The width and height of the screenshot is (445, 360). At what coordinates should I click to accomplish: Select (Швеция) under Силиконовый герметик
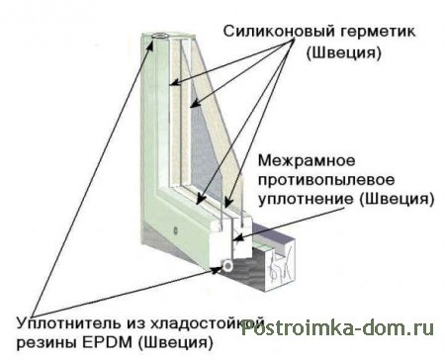click(x=344, y=53)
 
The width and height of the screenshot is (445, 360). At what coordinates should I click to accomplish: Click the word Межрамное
click(x=307, y=161)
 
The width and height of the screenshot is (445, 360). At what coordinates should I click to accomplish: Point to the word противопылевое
click(x=326, y=181)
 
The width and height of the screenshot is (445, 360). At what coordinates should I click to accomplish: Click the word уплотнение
click(x=305, y=200)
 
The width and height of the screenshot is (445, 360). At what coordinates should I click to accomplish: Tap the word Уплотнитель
click(x=68, y=323)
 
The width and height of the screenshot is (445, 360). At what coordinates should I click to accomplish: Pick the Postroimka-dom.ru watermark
click(x=337, y=328)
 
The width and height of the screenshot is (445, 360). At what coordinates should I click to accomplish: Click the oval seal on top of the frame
click(x=161, y=36)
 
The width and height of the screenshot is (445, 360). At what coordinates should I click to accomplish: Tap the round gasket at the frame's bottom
click(x=227, y=265)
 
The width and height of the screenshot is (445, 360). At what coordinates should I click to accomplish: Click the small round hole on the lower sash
click(x=175, y=229)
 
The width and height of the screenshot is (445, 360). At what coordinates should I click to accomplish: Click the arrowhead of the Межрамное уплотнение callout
click(x=239, y=238)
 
